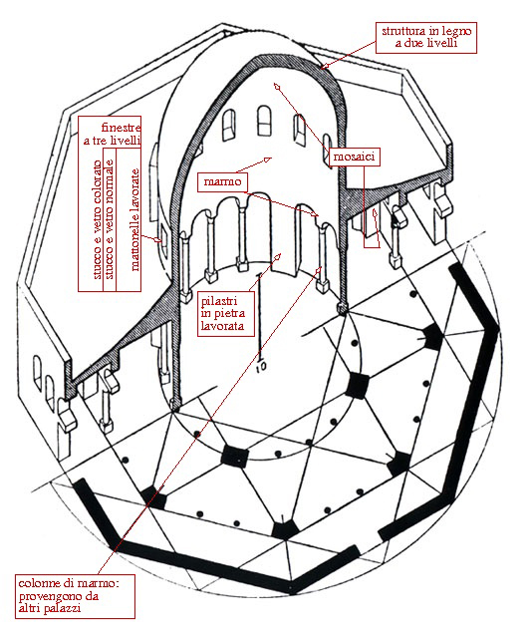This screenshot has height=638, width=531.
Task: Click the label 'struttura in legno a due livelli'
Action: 426,37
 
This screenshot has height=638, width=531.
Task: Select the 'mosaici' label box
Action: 354,157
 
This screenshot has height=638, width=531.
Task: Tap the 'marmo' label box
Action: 222,181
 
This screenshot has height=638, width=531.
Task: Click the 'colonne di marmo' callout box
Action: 75,596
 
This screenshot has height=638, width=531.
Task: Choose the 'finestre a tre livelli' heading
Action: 113,134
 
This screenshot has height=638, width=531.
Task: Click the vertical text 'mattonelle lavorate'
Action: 134,219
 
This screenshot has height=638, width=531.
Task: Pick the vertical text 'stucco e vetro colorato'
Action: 97,219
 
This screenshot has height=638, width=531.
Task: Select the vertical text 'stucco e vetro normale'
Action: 109,219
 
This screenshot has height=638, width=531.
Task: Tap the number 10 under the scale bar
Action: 261,367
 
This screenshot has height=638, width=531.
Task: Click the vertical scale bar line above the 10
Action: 260,317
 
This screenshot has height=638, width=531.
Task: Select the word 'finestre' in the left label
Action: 121,128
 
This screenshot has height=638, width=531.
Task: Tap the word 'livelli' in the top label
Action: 442,43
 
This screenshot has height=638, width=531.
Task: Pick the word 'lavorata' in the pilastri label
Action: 222,326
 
